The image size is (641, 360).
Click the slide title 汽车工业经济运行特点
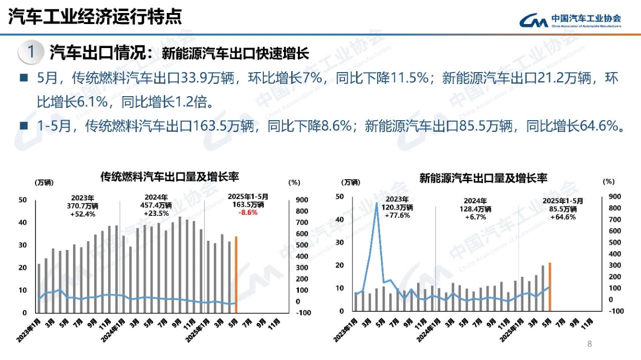point(95,17)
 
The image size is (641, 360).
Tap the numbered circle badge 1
point(31,52)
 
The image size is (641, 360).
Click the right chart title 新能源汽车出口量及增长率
point(483,177)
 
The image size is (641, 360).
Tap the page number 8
point(589,344)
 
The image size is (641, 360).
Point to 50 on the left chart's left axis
point(23,200)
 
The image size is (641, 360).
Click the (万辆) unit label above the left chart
point(44,182)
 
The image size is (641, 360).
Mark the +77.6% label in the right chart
point(398,215)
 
